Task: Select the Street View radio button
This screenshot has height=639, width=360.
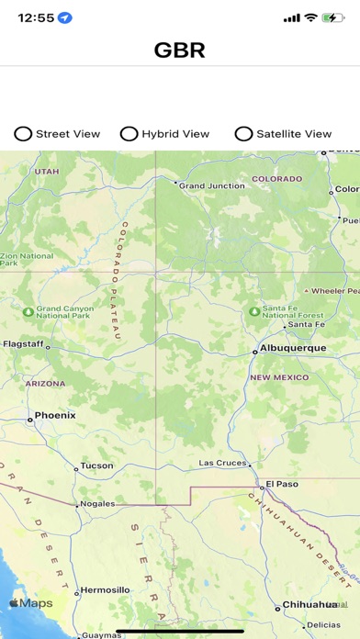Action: click(23, 134)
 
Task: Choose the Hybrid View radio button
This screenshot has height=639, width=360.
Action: click(129, 134)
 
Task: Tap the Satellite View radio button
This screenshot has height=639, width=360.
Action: click(243, 134)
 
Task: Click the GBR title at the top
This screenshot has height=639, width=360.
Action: click(179, 51)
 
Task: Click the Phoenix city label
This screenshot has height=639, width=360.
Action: click(55, 415)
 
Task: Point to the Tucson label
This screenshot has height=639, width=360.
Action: click(96, 465)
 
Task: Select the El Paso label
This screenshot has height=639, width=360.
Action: click(282, 483)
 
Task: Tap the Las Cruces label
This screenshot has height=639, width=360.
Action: click(221, 463)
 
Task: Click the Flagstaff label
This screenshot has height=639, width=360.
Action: click(22, 344)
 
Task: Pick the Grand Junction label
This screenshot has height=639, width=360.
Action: click(212, 185)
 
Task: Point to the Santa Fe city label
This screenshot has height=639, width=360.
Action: click(306, 324)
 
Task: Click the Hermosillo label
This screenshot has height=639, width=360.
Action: click(105, 589)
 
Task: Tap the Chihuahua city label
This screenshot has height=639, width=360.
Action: click(309, 604)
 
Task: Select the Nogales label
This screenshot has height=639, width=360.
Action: click(97, 503)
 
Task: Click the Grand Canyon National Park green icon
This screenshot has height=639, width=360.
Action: click(28, 312)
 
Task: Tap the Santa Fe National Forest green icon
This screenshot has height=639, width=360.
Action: click(253, 311)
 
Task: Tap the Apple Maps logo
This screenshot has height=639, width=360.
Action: click(31, 603)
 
